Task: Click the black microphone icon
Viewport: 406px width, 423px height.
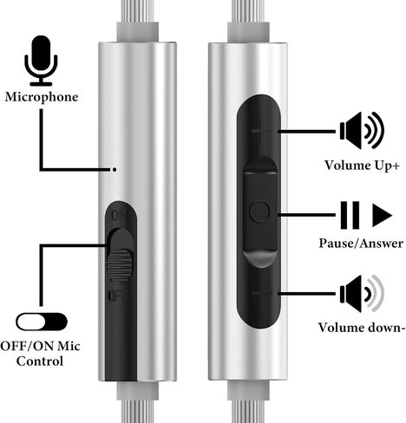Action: (41, 61)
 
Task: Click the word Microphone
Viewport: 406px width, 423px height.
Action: (42, 97)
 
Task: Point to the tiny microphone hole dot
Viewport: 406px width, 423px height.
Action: (115, 170)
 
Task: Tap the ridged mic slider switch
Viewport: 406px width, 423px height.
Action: (120, 256)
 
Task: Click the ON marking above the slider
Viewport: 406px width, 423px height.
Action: (119, 216)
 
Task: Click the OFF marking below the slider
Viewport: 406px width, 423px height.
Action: (118, 296)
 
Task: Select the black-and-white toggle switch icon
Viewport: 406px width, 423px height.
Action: (42, 322)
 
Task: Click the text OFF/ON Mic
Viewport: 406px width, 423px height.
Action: (40, 346)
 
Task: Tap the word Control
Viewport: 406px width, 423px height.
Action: (40, 361)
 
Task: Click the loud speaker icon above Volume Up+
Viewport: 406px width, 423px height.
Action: (362, 130)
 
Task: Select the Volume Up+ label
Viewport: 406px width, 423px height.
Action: (362, 166)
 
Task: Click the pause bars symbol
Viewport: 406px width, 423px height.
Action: (350, 215)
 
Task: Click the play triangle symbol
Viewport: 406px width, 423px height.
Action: (382, 215)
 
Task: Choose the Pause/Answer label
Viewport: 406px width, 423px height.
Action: (361, 244)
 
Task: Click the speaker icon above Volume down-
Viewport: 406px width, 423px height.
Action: (362, 294)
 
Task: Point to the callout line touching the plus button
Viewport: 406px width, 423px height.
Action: (306, 132)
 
